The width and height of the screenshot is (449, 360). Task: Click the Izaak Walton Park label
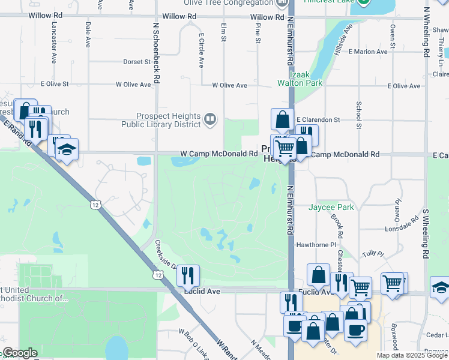click(x=294, y=79)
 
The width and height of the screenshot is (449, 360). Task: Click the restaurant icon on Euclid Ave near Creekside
click(x=188, y=276)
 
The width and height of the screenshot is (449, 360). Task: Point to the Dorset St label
click(x=137, y=62)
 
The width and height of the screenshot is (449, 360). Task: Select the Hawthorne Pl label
click(x=316, y=245)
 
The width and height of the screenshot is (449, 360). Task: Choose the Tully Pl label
click(x=372, y=253)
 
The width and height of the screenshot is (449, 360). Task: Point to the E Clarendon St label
click(x=318, y=120)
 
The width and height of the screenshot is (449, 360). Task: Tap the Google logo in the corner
click(x=19, y=353)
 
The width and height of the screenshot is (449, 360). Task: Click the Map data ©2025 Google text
click(x=411, y=355)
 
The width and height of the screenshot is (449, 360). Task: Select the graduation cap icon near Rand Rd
click(x=67, y=149)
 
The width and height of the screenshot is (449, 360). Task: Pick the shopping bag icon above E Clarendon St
click(x=282, y=119)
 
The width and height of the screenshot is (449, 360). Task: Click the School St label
click(x=358, y=114)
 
